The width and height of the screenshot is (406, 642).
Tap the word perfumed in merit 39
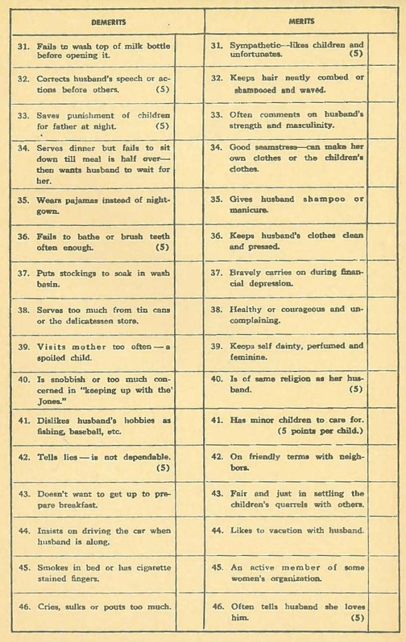321,346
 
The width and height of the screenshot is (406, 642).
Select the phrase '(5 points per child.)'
320,431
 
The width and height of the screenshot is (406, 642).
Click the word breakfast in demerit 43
77,505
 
